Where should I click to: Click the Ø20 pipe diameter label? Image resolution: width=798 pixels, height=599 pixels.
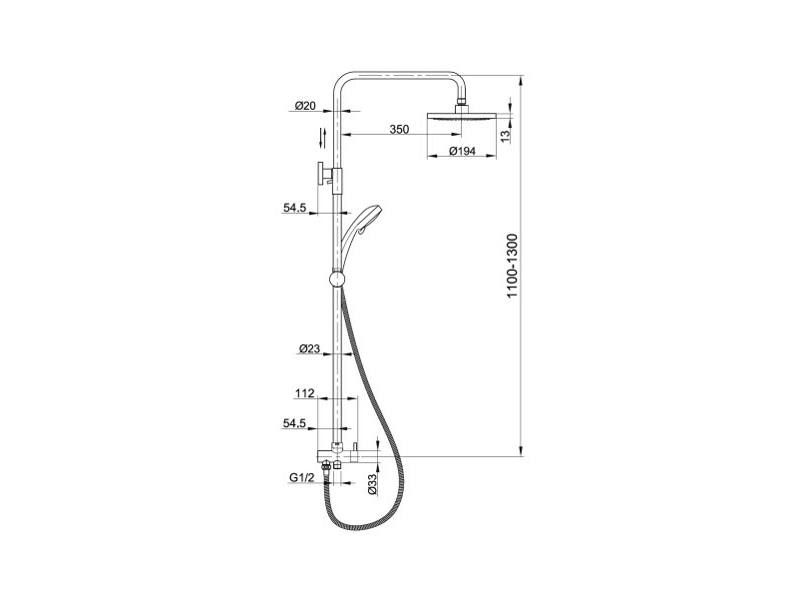click(x=305, y=106)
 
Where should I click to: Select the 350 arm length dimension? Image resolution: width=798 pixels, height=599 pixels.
click(x=399, y=130)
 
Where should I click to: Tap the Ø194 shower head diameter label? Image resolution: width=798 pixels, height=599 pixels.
click(x=463, y=151)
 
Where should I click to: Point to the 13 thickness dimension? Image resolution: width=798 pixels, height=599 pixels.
click(x=505, y=136)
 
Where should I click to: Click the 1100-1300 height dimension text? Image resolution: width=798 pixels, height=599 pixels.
click(x=513, y=266)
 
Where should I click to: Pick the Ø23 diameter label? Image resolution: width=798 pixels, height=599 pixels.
click(x=309, y=348)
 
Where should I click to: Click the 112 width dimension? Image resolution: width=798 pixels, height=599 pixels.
click(x=304, y=393)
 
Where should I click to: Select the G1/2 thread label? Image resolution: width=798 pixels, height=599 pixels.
click(x=302, y=477)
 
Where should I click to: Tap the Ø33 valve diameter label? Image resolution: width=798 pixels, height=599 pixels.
click(x=372, y=484)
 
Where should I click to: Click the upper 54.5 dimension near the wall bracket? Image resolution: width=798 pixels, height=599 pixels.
click(x=294, y=208)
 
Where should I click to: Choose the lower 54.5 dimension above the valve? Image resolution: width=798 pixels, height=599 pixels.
click(x=294, y=423)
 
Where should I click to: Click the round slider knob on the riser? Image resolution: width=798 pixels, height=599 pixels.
click(x=337, y=279)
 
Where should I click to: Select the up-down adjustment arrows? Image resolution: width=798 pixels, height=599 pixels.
click(x=322, y=138)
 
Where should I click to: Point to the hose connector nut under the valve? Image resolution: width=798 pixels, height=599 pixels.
click(x=326, y=465)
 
